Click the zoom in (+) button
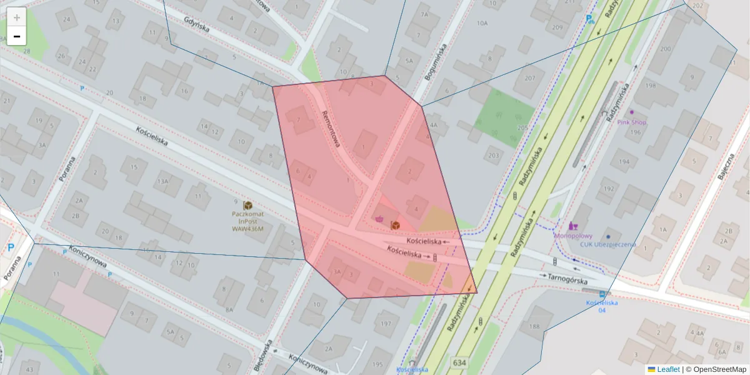pyautogui.click(x=17, y=17)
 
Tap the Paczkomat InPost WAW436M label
pyautogui.click(x=247, y=221)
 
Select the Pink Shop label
pyautogui.click(x=631, y=122)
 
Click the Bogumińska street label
pyautogui.click(x=437, y=63)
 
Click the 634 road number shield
pyautogui.click(x=459, y=363)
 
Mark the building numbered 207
pyautogui.click(x=530, y=78)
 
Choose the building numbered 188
pyautogui.click(x=533, y=326)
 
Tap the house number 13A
pyautogui.click(x=162, y=181)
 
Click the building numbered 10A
pyautogui.click(x=481, y=23)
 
